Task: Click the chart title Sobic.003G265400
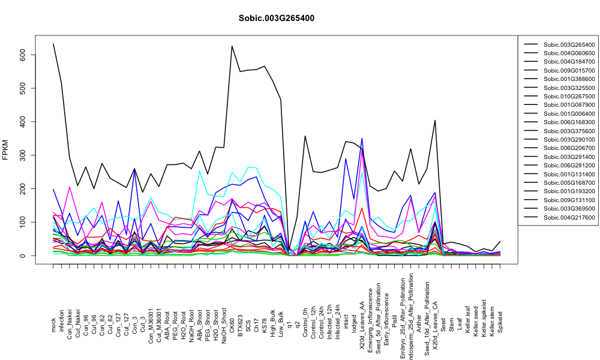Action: (276, 19)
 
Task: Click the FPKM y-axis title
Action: (5, 150)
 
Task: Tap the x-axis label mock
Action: (53, 326)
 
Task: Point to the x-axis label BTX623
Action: (241, 322)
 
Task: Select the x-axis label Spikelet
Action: (500, 322)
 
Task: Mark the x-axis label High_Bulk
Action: (273, 320)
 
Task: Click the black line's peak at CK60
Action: (232, 46)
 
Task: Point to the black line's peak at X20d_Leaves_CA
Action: (435, 120)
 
